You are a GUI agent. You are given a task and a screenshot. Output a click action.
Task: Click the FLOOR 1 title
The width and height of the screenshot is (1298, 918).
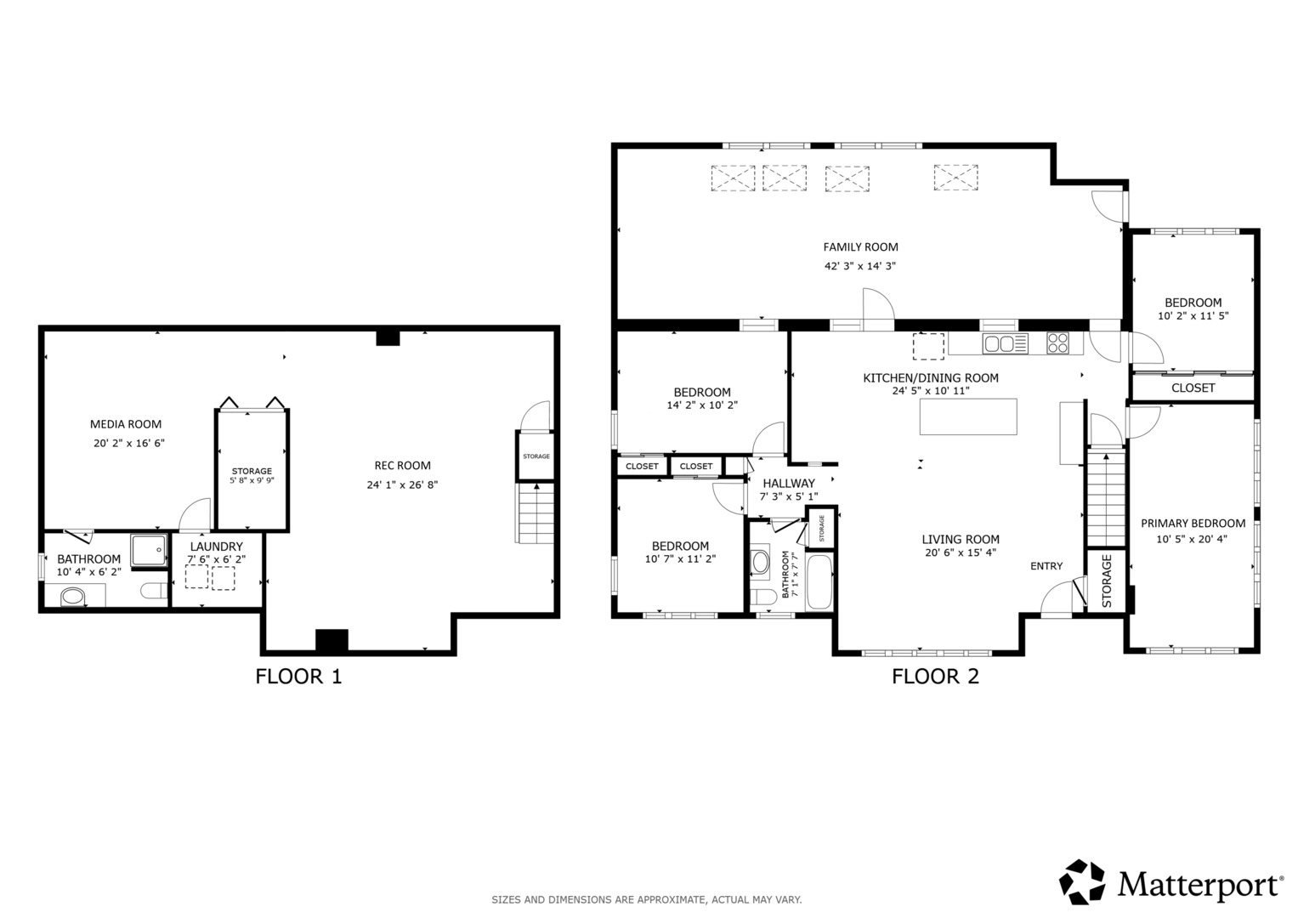pos(298,677)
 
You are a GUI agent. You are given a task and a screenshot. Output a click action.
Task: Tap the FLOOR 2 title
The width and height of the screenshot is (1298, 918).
pos(935,677)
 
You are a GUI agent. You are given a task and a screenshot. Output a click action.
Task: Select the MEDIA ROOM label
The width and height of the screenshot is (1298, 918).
pos(126,424)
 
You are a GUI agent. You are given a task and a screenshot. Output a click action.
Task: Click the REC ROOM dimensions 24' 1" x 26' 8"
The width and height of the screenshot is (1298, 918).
pos(402,484)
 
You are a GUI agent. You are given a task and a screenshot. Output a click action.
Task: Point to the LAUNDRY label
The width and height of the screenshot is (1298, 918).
pos(216,547)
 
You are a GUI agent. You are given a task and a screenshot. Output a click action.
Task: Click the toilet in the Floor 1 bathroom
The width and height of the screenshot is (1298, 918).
pos(154,591)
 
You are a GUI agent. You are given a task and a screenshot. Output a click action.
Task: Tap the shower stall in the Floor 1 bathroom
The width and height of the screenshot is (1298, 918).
pos(149,550)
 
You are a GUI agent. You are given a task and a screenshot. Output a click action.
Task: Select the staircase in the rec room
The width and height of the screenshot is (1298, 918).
pos(535,513)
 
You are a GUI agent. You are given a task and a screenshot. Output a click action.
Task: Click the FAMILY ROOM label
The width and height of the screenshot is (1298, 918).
pos(860,246)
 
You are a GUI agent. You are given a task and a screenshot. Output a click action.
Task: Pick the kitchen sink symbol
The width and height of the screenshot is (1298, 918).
pos(1006,343)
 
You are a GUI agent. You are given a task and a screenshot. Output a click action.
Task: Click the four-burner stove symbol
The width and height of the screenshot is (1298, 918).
pos(1057,343)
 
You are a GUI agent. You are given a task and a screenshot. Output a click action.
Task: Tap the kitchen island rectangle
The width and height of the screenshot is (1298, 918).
pos(968,416)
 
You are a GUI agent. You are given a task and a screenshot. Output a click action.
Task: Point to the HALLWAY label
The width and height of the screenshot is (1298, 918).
pos(789,484)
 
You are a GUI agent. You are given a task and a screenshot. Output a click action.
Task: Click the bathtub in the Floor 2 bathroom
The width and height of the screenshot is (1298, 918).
pos(819,582)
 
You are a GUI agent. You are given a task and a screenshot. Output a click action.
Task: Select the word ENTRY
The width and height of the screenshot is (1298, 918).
pos(1046,566)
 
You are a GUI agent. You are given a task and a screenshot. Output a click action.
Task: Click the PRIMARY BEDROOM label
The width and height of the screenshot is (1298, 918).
pos(1193,524)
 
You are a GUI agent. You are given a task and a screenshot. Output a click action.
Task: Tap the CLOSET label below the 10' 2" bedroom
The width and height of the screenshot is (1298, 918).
pos(1193,388)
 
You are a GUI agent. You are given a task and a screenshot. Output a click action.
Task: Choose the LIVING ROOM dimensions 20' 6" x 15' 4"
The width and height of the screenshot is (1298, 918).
pos(961,552)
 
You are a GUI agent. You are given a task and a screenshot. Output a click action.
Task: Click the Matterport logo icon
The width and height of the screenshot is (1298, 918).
pos(1082,882)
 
